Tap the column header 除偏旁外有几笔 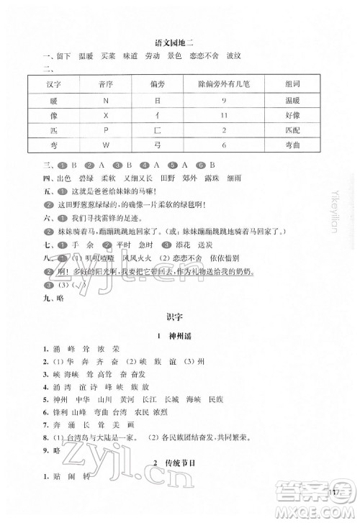point(224,85)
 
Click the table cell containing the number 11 point(224,115)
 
